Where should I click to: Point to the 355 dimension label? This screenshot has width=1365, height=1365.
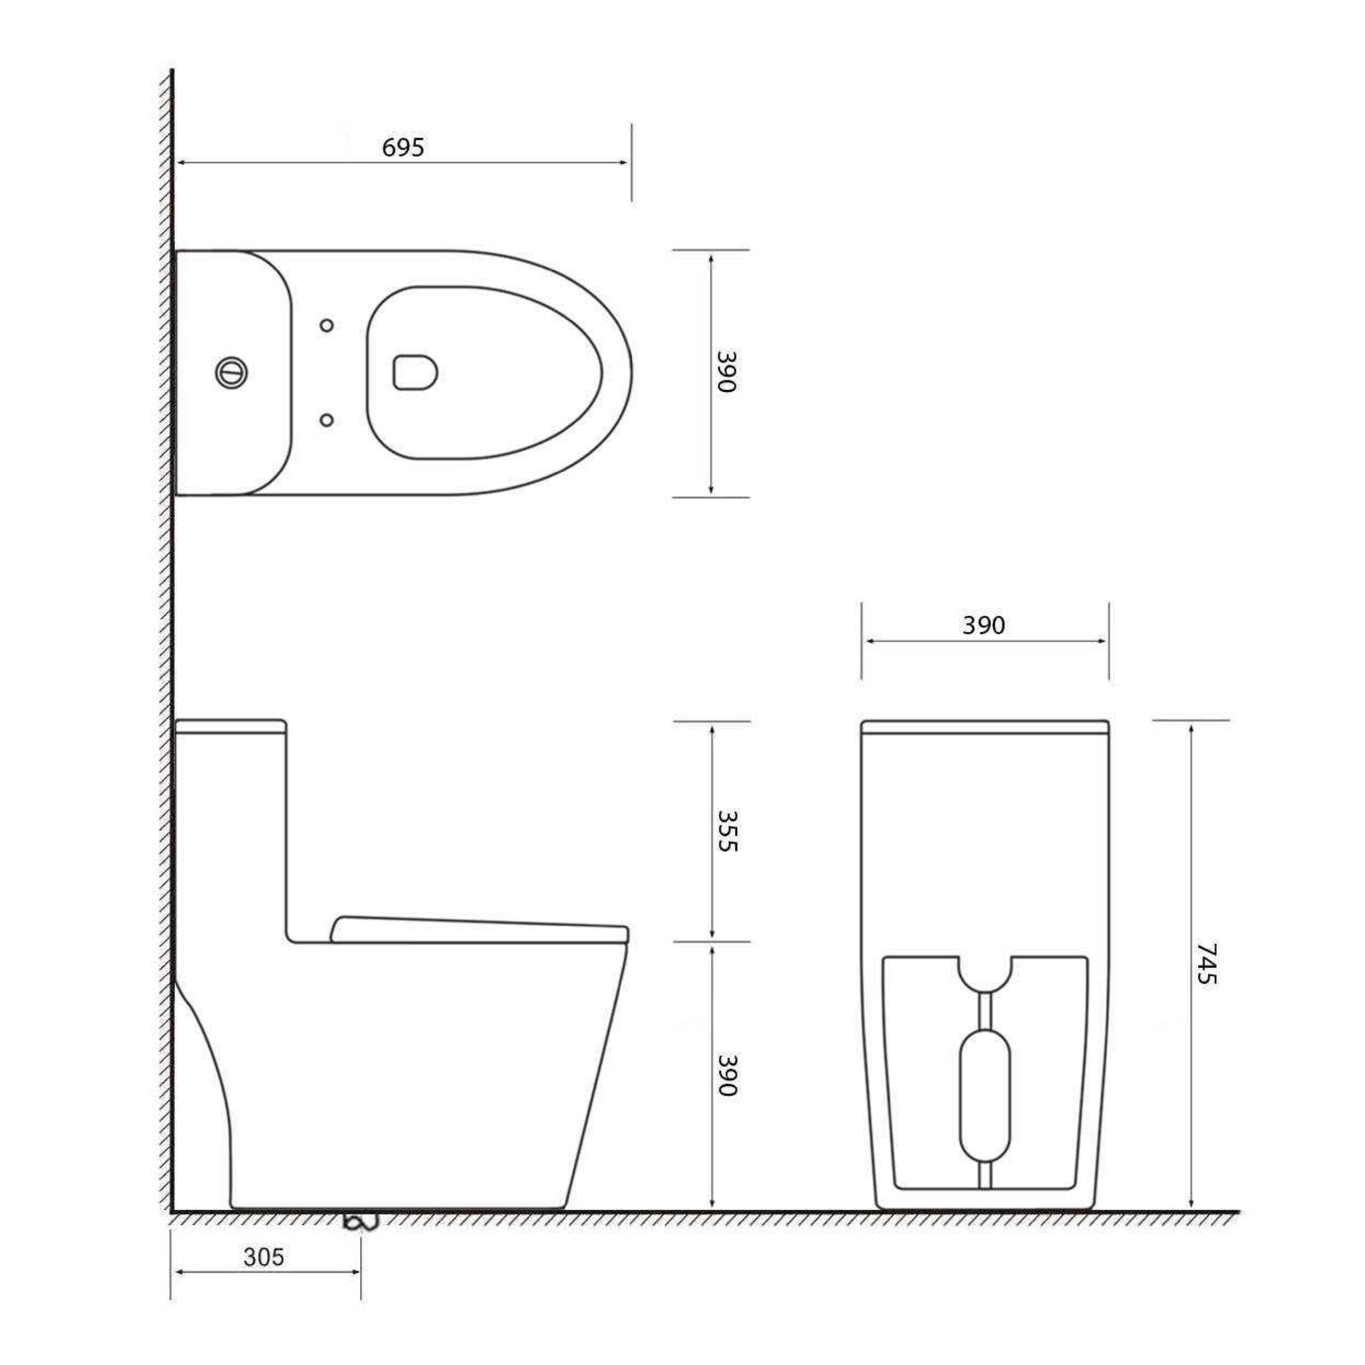click(x=727, y=830)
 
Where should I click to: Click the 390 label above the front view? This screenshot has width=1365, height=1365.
click(x=983, y=625)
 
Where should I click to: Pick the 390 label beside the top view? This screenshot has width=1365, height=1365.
click(x=727, y=371)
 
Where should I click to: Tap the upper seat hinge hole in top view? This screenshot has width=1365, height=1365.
click(x=326, y=325)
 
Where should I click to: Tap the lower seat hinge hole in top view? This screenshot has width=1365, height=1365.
click(x=326, y=420)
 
